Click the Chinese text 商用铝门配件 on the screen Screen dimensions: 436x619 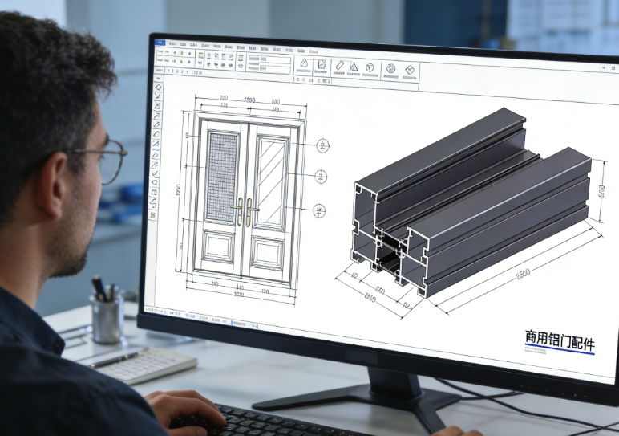[560, 340]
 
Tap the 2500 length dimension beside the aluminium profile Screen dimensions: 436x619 [523, 274]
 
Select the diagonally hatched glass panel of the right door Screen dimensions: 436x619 [270, 181]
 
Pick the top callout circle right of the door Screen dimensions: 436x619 [322, 145]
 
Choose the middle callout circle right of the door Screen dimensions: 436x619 [321, 177]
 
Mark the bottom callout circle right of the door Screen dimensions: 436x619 [318, 210]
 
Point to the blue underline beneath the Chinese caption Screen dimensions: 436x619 [560, 354]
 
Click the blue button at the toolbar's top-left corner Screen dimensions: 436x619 [160, 42]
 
